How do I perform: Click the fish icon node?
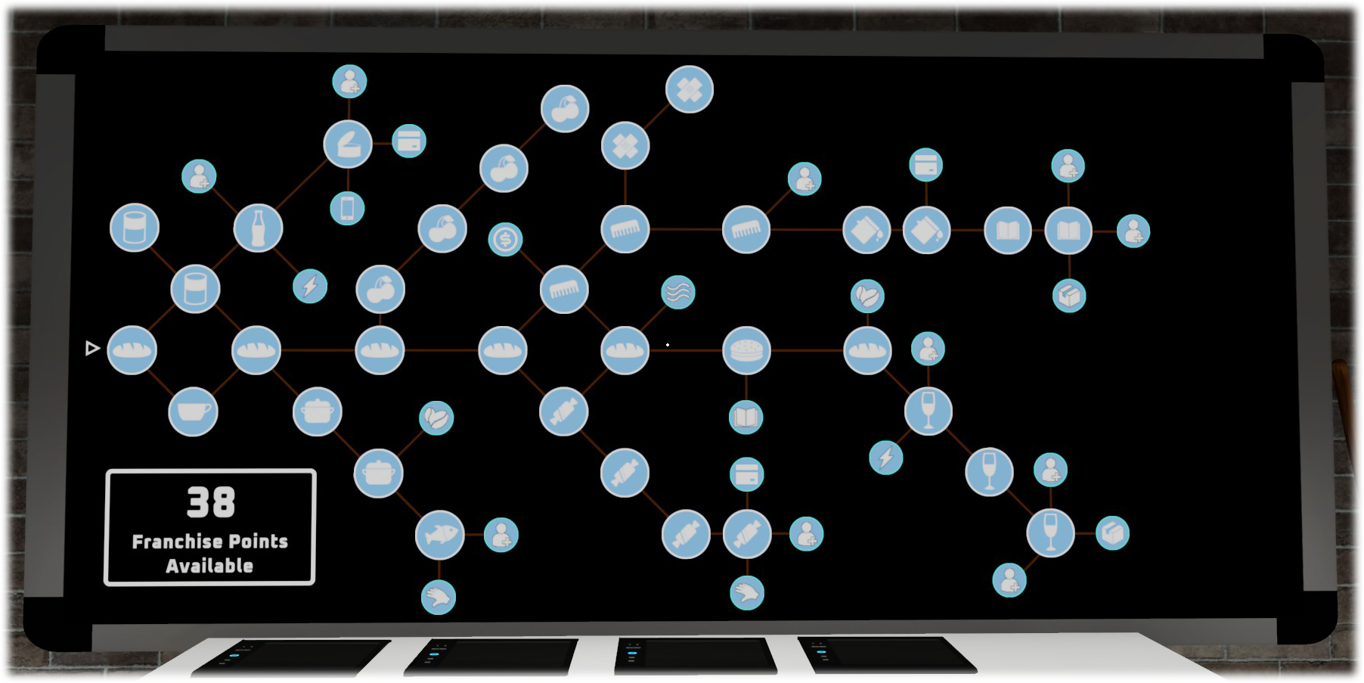439,535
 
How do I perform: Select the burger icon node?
746,350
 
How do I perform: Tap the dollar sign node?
505,240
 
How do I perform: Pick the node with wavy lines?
677,292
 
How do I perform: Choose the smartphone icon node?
347,208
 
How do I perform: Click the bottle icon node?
258,228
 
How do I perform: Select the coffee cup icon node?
193,411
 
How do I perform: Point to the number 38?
211,502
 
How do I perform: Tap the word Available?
209,566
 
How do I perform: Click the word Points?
258,542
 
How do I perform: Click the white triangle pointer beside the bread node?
92,348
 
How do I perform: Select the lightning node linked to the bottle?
310,286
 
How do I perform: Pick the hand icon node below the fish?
439,598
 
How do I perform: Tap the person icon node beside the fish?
501,535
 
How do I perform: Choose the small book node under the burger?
746,417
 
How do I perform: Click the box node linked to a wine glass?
1112,532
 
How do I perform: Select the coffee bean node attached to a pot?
436,418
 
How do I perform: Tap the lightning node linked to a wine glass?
885,458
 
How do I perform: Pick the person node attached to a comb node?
804,179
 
